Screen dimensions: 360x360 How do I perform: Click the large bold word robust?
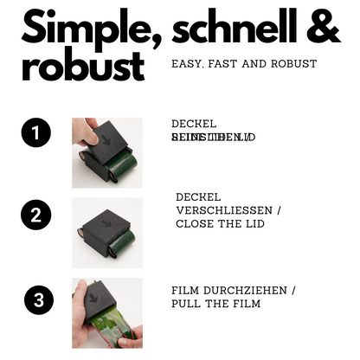[x=82, y=66]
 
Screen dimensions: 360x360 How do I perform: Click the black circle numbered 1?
[x=35, y=133]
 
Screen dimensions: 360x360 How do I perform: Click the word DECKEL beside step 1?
[x=194, y=124]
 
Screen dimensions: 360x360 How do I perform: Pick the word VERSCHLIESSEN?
[x=222, y=210]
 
